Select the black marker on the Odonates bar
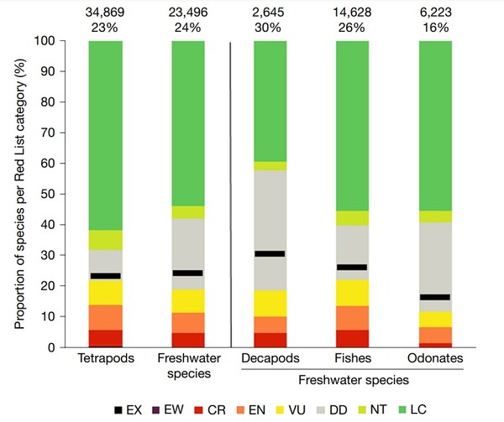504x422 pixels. [x=435, y=297]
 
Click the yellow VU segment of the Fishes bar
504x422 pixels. [x=352, y=293]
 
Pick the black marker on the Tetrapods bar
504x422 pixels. [x=105, y=275]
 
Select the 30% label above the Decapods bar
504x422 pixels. [x=270, y=26]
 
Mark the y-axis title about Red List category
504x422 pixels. [x=18, y=193]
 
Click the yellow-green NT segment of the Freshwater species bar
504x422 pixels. [x=188, y=212]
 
